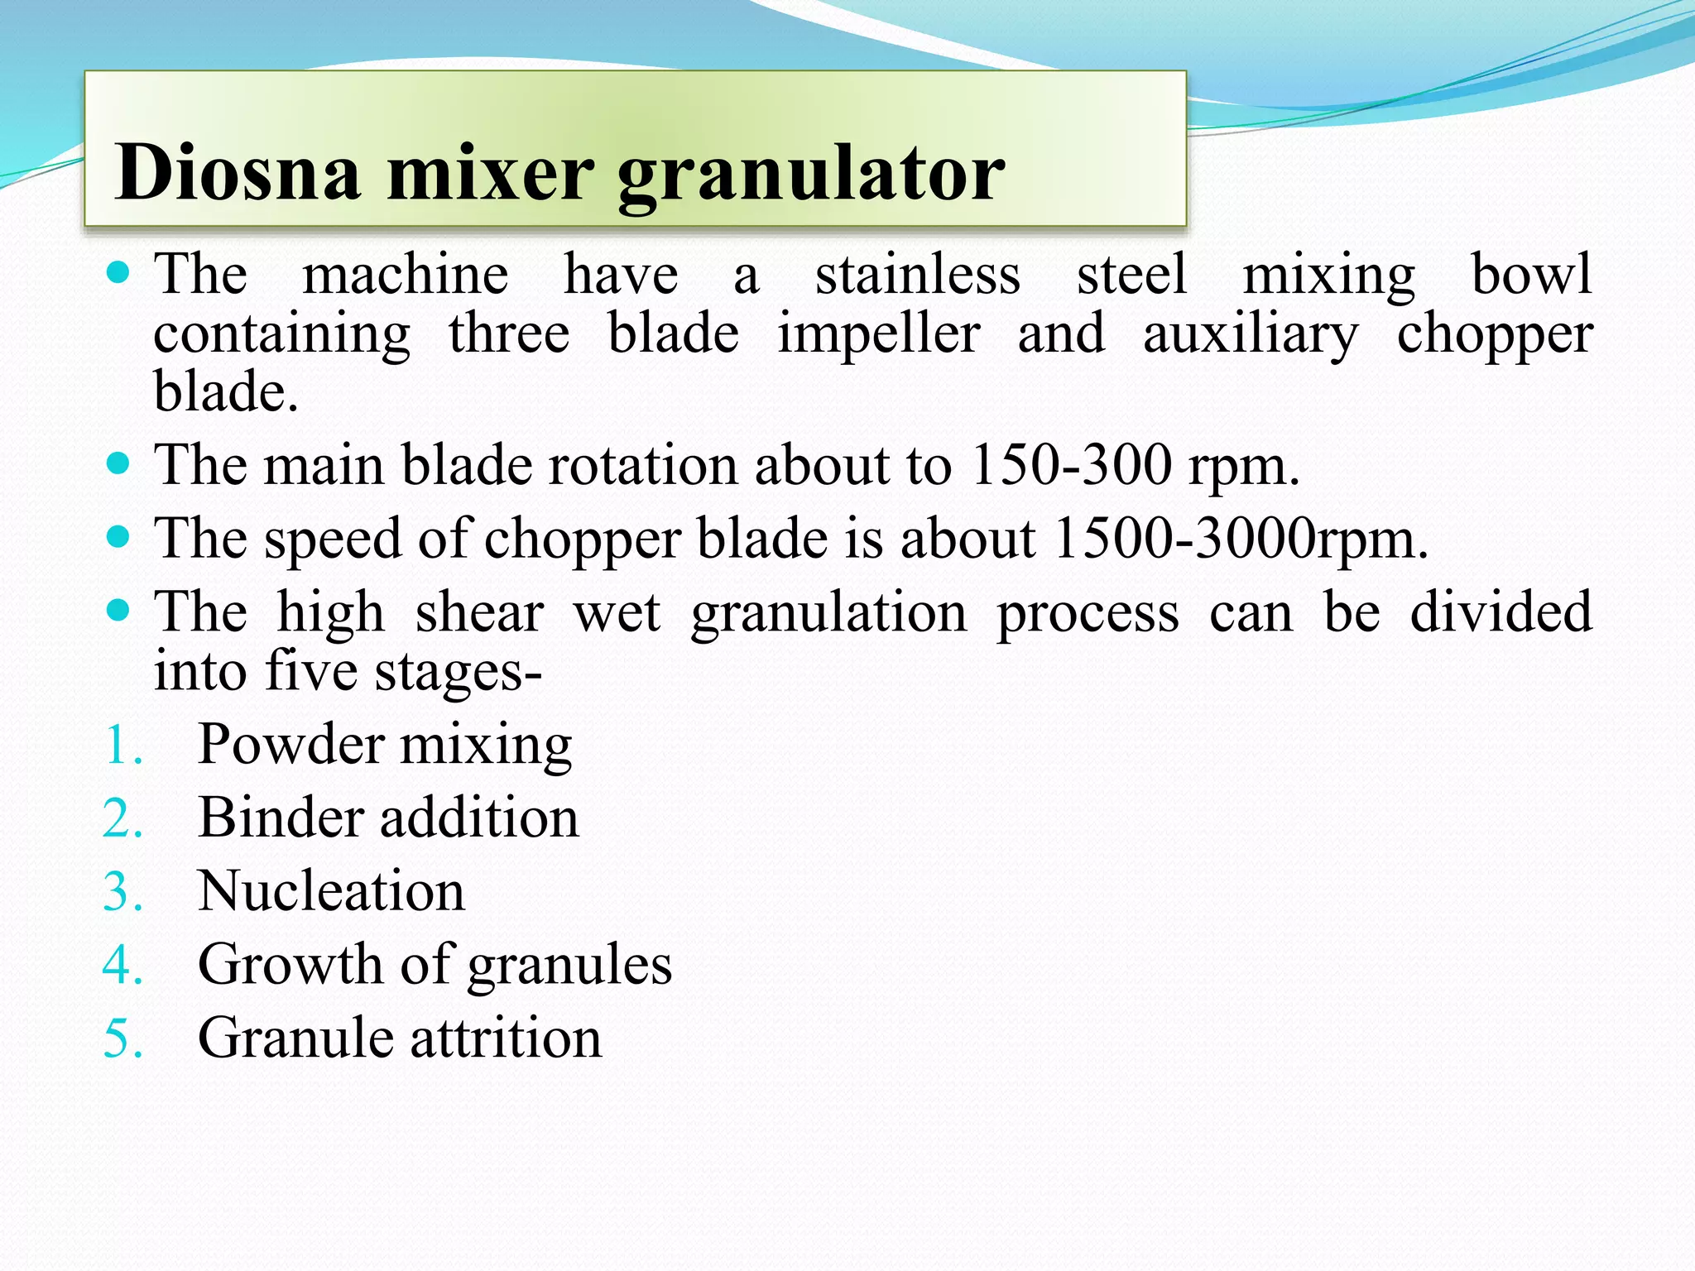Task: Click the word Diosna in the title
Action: click(238, 172)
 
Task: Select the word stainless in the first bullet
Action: click(918, 275)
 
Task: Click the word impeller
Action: click(879, 336)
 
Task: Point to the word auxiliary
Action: click(1251, 336)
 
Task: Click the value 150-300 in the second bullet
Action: click(1071, 464)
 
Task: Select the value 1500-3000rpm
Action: click(1241, 539)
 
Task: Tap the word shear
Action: click(479, 612)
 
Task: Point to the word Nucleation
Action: click(331, 892)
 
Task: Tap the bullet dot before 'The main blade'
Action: click(119, 463)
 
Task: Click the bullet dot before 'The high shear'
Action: click(119, 612)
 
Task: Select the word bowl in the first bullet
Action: click(1531, 275)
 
